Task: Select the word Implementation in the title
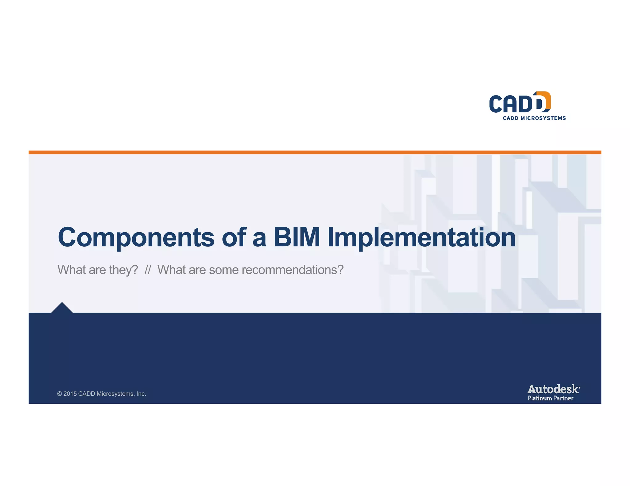click(421, 237)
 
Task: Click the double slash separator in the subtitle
click(148, 270)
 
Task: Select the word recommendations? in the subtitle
click(292, 270)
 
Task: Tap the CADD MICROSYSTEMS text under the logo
click(534, 118)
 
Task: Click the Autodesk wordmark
click(553, 389)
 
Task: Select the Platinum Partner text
click(550, 398)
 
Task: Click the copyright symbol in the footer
click(59, 394)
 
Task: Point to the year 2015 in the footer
click(70, 394)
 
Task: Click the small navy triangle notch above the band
click(62, 308)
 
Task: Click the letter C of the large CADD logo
click(496, 104)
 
